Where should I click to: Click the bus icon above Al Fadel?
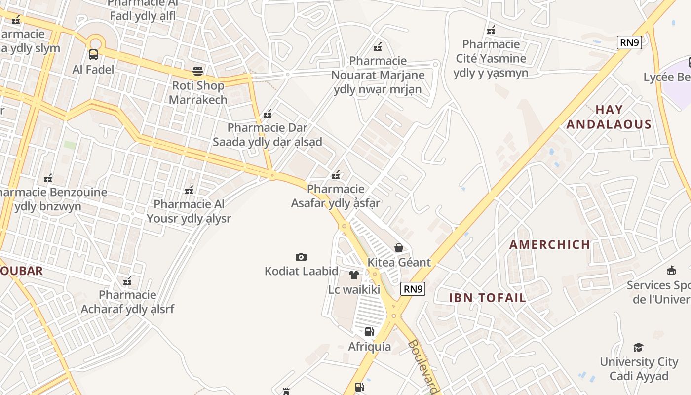[x=93, y=55]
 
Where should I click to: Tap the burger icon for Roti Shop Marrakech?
[x=198, y=71]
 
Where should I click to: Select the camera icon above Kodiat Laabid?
[x=301, y=257]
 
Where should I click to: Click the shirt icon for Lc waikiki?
[x=354, y=275]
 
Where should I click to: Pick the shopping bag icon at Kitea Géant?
[x=399, y=248]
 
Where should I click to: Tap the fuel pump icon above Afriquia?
[x=369, y=332]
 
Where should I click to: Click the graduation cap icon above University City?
[x=639, y=347]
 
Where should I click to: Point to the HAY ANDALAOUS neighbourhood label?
[x=609, y=117]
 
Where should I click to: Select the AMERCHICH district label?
[x=550, y=245]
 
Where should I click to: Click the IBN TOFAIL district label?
[x=488, y=298]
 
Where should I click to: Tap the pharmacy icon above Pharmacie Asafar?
[x=336, y=174]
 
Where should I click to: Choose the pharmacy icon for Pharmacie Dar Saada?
[x=268, y=114]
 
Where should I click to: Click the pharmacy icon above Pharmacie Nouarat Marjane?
[x=378, y=47]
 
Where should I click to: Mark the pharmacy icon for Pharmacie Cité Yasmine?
[x=491, y=30]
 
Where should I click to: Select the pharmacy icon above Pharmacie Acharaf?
[x=127, y=281]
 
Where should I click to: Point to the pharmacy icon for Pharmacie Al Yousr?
[x=189, y=190]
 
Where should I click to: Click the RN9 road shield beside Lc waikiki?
[x=413, y=289]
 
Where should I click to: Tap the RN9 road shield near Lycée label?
[x=629, y=42]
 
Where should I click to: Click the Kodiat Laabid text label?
[x=302, y=271]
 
